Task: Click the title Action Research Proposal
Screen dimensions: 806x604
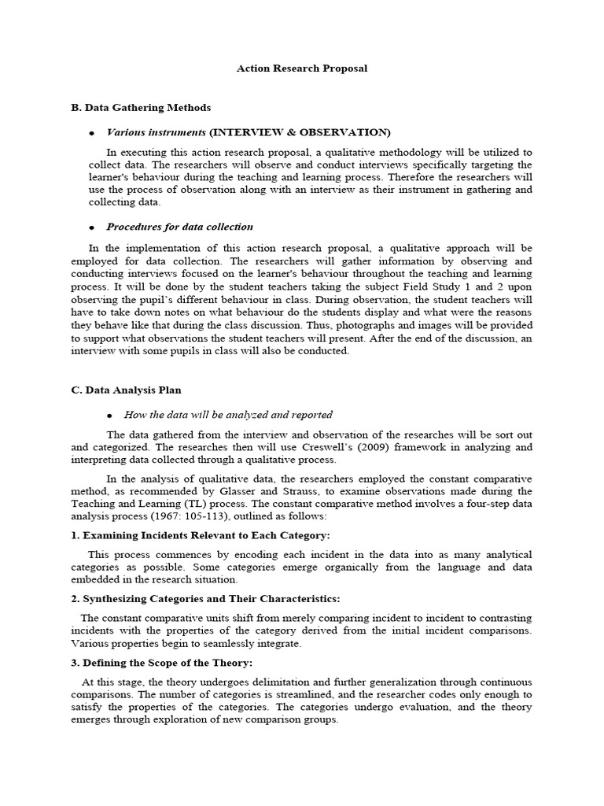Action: [x=302, y=68]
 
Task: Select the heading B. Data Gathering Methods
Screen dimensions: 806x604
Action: [x=141, y=107]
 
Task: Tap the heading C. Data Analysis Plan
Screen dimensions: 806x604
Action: [x=131, y=390]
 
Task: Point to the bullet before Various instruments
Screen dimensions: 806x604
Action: [x=92, y=133]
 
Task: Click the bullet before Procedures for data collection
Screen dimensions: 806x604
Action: [x=92, y=227]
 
